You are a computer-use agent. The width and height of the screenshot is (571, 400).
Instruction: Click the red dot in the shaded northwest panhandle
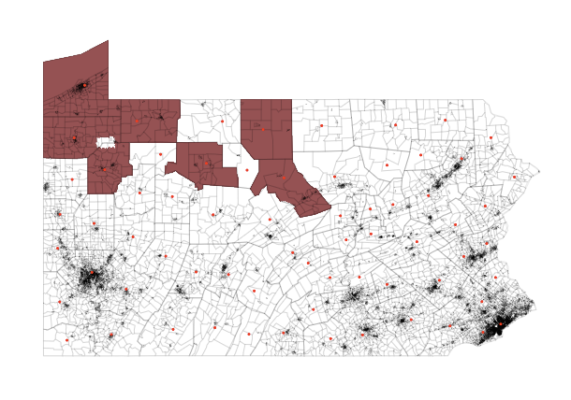84,86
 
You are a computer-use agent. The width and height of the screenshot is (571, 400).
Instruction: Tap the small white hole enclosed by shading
107,142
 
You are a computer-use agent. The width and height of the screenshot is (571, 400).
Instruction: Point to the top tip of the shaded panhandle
108,41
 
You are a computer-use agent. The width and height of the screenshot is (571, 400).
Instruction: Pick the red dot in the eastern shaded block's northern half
264,129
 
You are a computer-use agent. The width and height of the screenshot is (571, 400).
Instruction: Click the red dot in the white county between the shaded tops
223,121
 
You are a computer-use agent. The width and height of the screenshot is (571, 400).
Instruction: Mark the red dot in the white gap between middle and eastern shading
247,170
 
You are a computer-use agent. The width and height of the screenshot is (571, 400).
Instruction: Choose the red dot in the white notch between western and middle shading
160,154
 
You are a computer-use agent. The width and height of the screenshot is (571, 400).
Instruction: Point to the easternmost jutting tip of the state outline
539,170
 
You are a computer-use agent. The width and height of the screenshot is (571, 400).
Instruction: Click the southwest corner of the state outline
43,355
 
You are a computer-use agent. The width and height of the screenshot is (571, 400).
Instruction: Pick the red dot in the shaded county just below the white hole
107,168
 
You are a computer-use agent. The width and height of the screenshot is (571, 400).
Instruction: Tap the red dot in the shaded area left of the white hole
74,139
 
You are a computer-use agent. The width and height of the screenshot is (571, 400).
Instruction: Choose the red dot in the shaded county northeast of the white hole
137,121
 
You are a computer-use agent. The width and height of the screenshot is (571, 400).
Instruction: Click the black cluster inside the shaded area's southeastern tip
306,196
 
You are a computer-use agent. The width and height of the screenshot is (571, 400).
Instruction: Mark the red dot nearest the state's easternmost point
514,176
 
